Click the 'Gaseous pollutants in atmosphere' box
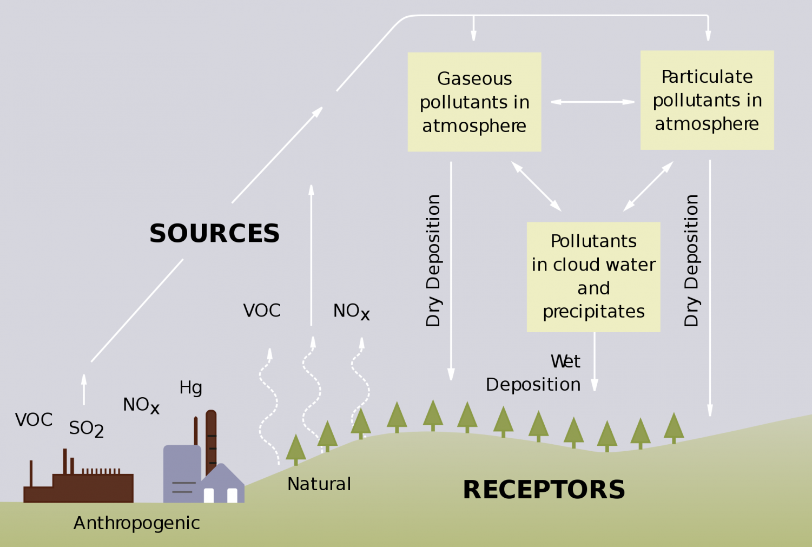pos(474,102)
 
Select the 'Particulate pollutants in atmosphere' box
pos(707,100)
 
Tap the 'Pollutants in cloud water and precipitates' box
pos(593,276)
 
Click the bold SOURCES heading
pos(214,234)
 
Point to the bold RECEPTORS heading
pos(544,490)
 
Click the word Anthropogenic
pos(136,523)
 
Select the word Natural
pos(319,484)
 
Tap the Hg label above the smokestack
pos(190,387)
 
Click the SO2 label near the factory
pos(86,429)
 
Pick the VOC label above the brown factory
pos(34,420)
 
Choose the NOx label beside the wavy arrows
pos(351,311)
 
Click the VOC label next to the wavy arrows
pos(262,311)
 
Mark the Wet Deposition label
pos(534,373)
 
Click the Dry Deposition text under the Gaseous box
pos(433,260)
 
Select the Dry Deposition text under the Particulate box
pos(691,260)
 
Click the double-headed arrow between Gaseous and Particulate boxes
pos(592,102)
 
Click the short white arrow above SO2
pos(84,389)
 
